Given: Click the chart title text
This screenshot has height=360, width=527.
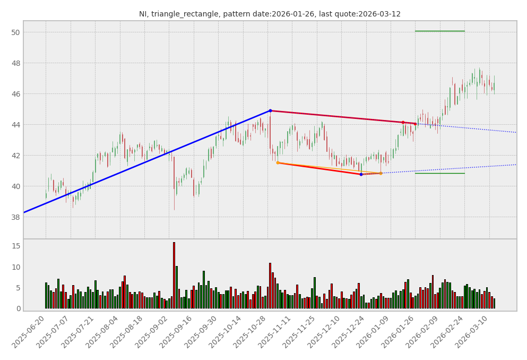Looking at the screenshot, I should (270, 14).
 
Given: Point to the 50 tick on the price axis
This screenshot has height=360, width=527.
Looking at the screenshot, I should (15, 32).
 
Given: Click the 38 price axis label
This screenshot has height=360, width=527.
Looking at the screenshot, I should (15, 217).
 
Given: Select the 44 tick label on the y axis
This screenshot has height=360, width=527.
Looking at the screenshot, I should (15, 125).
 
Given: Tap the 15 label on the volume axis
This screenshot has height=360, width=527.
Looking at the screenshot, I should (15, 246).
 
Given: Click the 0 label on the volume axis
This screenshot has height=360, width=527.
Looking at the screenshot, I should (18, 308).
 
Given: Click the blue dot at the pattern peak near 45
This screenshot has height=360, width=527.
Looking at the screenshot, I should (270, 111).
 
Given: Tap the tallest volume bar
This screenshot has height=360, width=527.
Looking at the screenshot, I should (174, 275).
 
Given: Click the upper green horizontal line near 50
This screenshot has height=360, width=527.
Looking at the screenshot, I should (439, 31).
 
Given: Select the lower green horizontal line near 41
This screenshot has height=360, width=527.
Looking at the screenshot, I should (439, 173).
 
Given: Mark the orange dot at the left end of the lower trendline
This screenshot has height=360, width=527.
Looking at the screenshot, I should (278, 162).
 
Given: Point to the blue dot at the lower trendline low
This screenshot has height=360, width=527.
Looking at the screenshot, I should (361, 174).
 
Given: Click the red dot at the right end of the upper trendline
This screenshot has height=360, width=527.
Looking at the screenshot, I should (415, 124).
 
